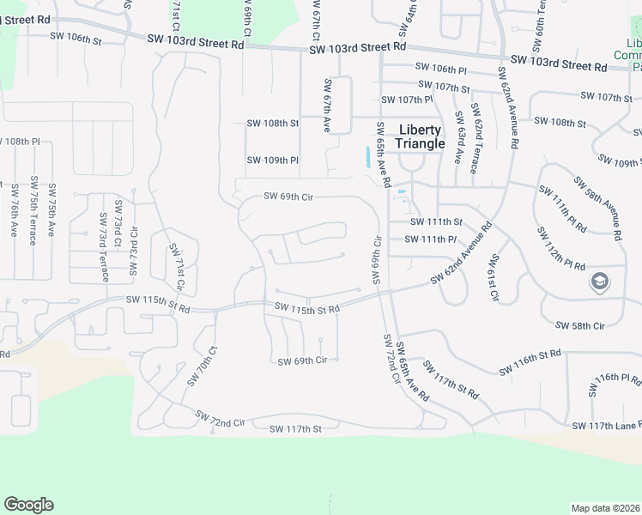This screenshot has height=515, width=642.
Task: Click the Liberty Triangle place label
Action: [x=421, y=137]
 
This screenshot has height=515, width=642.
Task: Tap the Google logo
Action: [x=28, y=505]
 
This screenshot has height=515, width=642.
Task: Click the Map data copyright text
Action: [x=606, y=508]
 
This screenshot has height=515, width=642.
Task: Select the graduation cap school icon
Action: [x=599, y=282]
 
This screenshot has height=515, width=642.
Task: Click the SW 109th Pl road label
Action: [x=272, y=161]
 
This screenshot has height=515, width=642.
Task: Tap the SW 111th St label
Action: [x=436, y=223]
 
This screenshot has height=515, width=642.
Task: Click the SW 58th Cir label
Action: [x=581, y=326]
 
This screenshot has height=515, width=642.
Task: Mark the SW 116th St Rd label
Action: [x=530, y=360]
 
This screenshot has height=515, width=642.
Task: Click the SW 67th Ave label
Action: [x=327, y=106]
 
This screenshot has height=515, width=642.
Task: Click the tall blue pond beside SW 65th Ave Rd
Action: [x=369, y=157]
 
